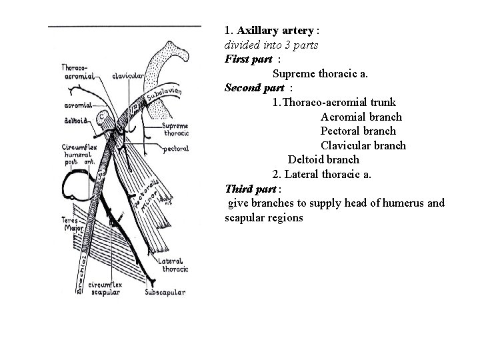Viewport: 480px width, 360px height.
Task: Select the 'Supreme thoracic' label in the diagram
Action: [x=175, y=129]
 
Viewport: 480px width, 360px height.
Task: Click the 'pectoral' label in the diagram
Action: [x=175, y=149]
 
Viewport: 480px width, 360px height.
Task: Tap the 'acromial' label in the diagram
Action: [x=77, y=105]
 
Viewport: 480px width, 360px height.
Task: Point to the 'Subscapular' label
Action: [x=165, y=292]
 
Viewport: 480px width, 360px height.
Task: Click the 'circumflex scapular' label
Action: [x=105, y=288]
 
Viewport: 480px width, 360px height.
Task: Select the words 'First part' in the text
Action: [x=249, y=59]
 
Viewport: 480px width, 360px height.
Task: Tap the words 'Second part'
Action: [x=255, y=88]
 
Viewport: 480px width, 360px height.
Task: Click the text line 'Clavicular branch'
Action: [x=363, y=145]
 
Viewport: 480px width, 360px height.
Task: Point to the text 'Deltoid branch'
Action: [x=323, y=160]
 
